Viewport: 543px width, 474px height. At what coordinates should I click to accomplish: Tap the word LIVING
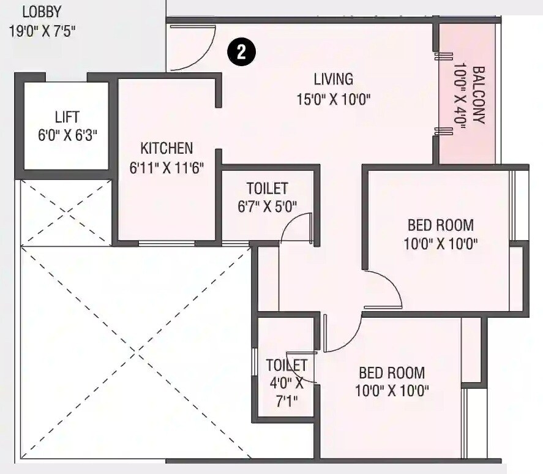[x=334, y=80]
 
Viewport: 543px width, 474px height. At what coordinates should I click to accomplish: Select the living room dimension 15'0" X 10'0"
[x=334, y=99]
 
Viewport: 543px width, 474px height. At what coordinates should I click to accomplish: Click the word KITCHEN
[x=167, y=148]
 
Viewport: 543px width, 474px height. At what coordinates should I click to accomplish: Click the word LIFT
[x=67, y=116]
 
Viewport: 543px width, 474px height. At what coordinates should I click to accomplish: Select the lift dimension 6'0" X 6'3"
[x=67, y=135]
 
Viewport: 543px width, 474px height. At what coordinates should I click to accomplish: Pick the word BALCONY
[x=479, y=95]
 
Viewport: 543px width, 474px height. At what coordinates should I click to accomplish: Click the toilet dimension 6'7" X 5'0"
[x=267, y=206]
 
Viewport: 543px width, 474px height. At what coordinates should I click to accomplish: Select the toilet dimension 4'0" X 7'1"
[x=286, y=393]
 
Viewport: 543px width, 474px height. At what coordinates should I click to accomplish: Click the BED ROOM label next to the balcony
[x=440, y=225]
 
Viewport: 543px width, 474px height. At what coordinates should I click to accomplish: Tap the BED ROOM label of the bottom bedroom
[x=392, y=372]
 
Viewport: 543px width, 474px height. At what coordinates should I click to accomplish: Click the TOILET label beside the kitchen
[x=267, y=188]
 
